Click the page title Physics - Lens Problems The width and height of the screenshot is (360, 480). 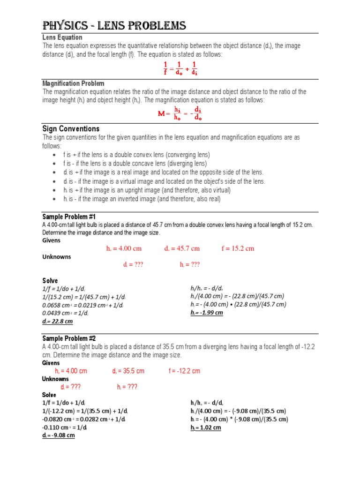tap(114, 25)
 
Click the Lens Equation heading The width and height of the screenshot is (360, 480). tap(62, 37)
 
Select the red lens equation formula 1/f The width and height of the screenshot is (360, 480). tap(180, 68)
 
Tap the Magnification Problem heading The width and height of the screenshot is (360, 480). tap(73, 83)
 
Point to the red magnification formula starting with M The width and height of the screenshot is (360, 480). tap(180, 114)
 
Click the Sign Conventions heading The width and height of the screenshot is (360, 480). tap(71, 129)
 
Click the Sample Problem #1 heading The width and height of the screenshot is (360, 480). tap(69, 217)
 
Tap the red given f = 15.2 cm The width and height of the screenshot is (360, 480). tap(238, 248)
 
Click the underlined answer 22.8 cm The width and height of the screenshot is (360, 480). tap(58, 322)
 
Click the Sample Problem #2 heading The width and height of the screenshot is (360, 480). tap(69, 338)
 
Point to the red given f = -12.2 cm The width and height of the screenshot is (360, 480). tap(184, 371)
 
